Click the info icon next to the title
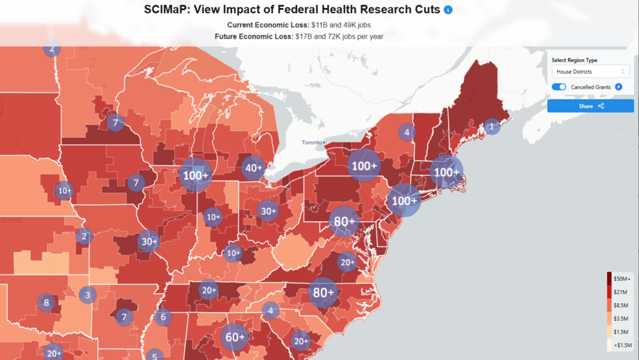tap(447, 10)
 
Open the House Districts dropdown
tap(590, 72)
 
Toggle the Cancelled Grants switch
tap(559, 87)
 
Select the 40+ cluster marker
tap(255, 167)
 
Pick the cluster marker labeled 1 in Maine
tap(492, 127)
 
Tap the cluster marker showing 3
tap(88, 295)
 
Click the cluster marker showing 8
tap(46, 303)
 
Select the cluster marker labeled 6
tap(163, 317)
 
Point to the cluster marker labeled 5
tap(154, 356)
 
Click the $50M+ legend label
tap(622, 278)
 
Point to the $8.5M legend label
tap(622, 304)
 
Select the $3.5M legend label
tap(622, 318)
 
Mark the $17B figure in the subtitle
tap(301, 37)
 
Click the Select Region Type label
tap(574, 60)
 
